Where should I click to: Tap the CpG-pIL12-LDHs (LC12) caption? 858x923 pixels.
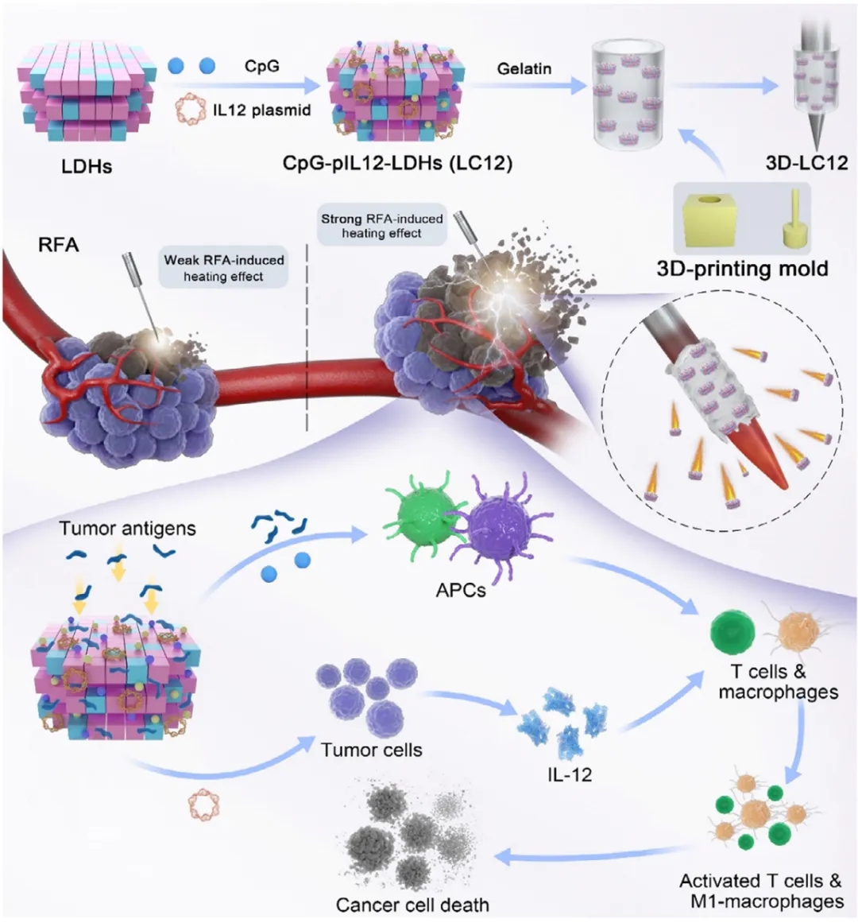point(397,164)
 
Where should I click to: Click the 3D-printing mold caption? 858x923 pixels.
point(742,268)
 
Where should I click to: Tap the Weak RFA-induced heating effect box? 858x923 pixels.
point(223,268)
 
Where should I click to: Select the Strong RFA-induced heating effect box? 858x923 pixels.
point(381,225)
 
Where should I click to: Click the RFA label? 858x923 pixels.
point(59,244)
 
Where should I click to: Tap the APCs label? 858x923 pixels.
point(461,591)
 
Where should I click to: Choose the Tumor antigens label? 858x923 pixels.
point(127,527)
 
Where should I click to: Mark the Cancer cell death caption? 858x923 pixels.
point(412,904)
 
